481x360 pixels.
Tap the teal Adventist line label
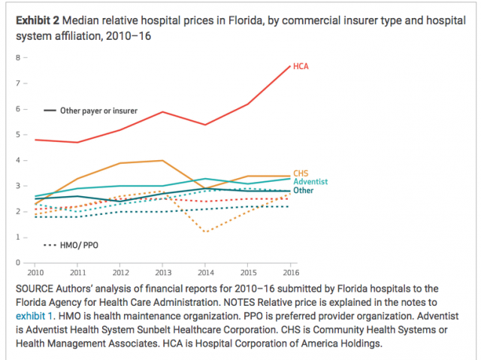pos(310,182)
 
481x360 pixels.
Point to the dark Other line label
pos(304,191)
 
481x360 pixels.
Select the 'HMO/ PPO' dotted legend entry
pos(78,246)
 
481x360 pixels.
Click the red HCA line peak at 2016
pos(290,66)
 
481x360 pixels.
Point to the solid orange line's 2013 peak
pos(163,160)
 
